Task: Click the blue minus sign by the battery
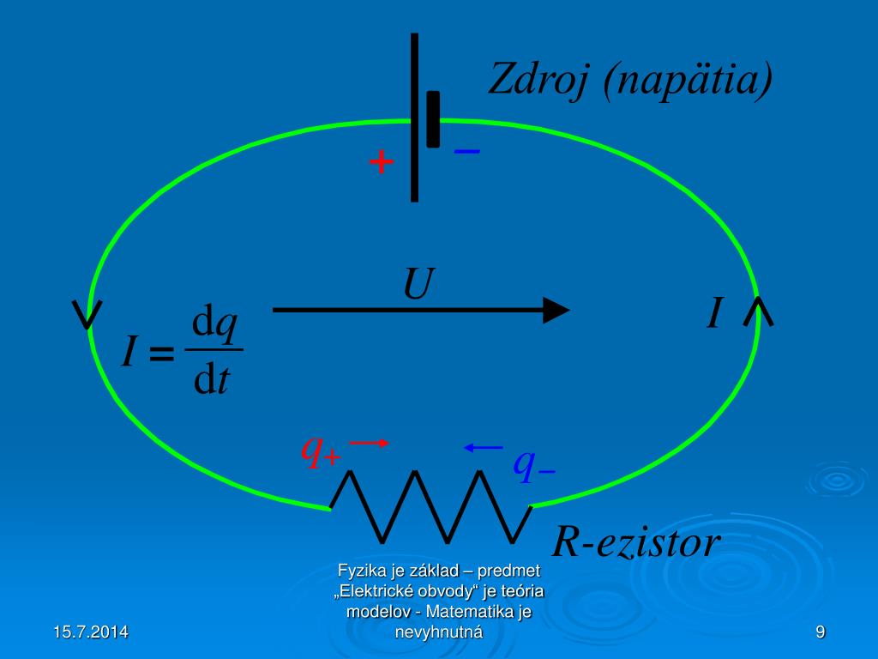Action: tap(467, 151)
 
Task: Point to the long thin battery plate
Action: tap(414, 117)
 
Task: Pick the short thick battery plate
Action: tap(433, 118)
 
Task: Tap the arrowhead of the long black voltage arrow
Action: tap(556, 309)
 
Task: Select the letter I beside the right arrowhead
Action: tap(714, 314)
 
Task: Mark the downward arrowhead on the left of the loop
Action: tap(87, 314)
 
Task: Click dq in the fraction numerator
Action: tap(214, 324)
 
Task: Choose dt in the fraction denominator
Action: tap(212, 378)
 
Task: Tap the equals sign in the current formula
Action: tap(161, 352)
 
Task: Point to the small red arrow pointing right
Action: tap(370, 442)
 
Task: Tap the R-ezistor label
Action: tap(635, 542)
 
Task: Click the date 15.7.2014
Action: tap(90, 632)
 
